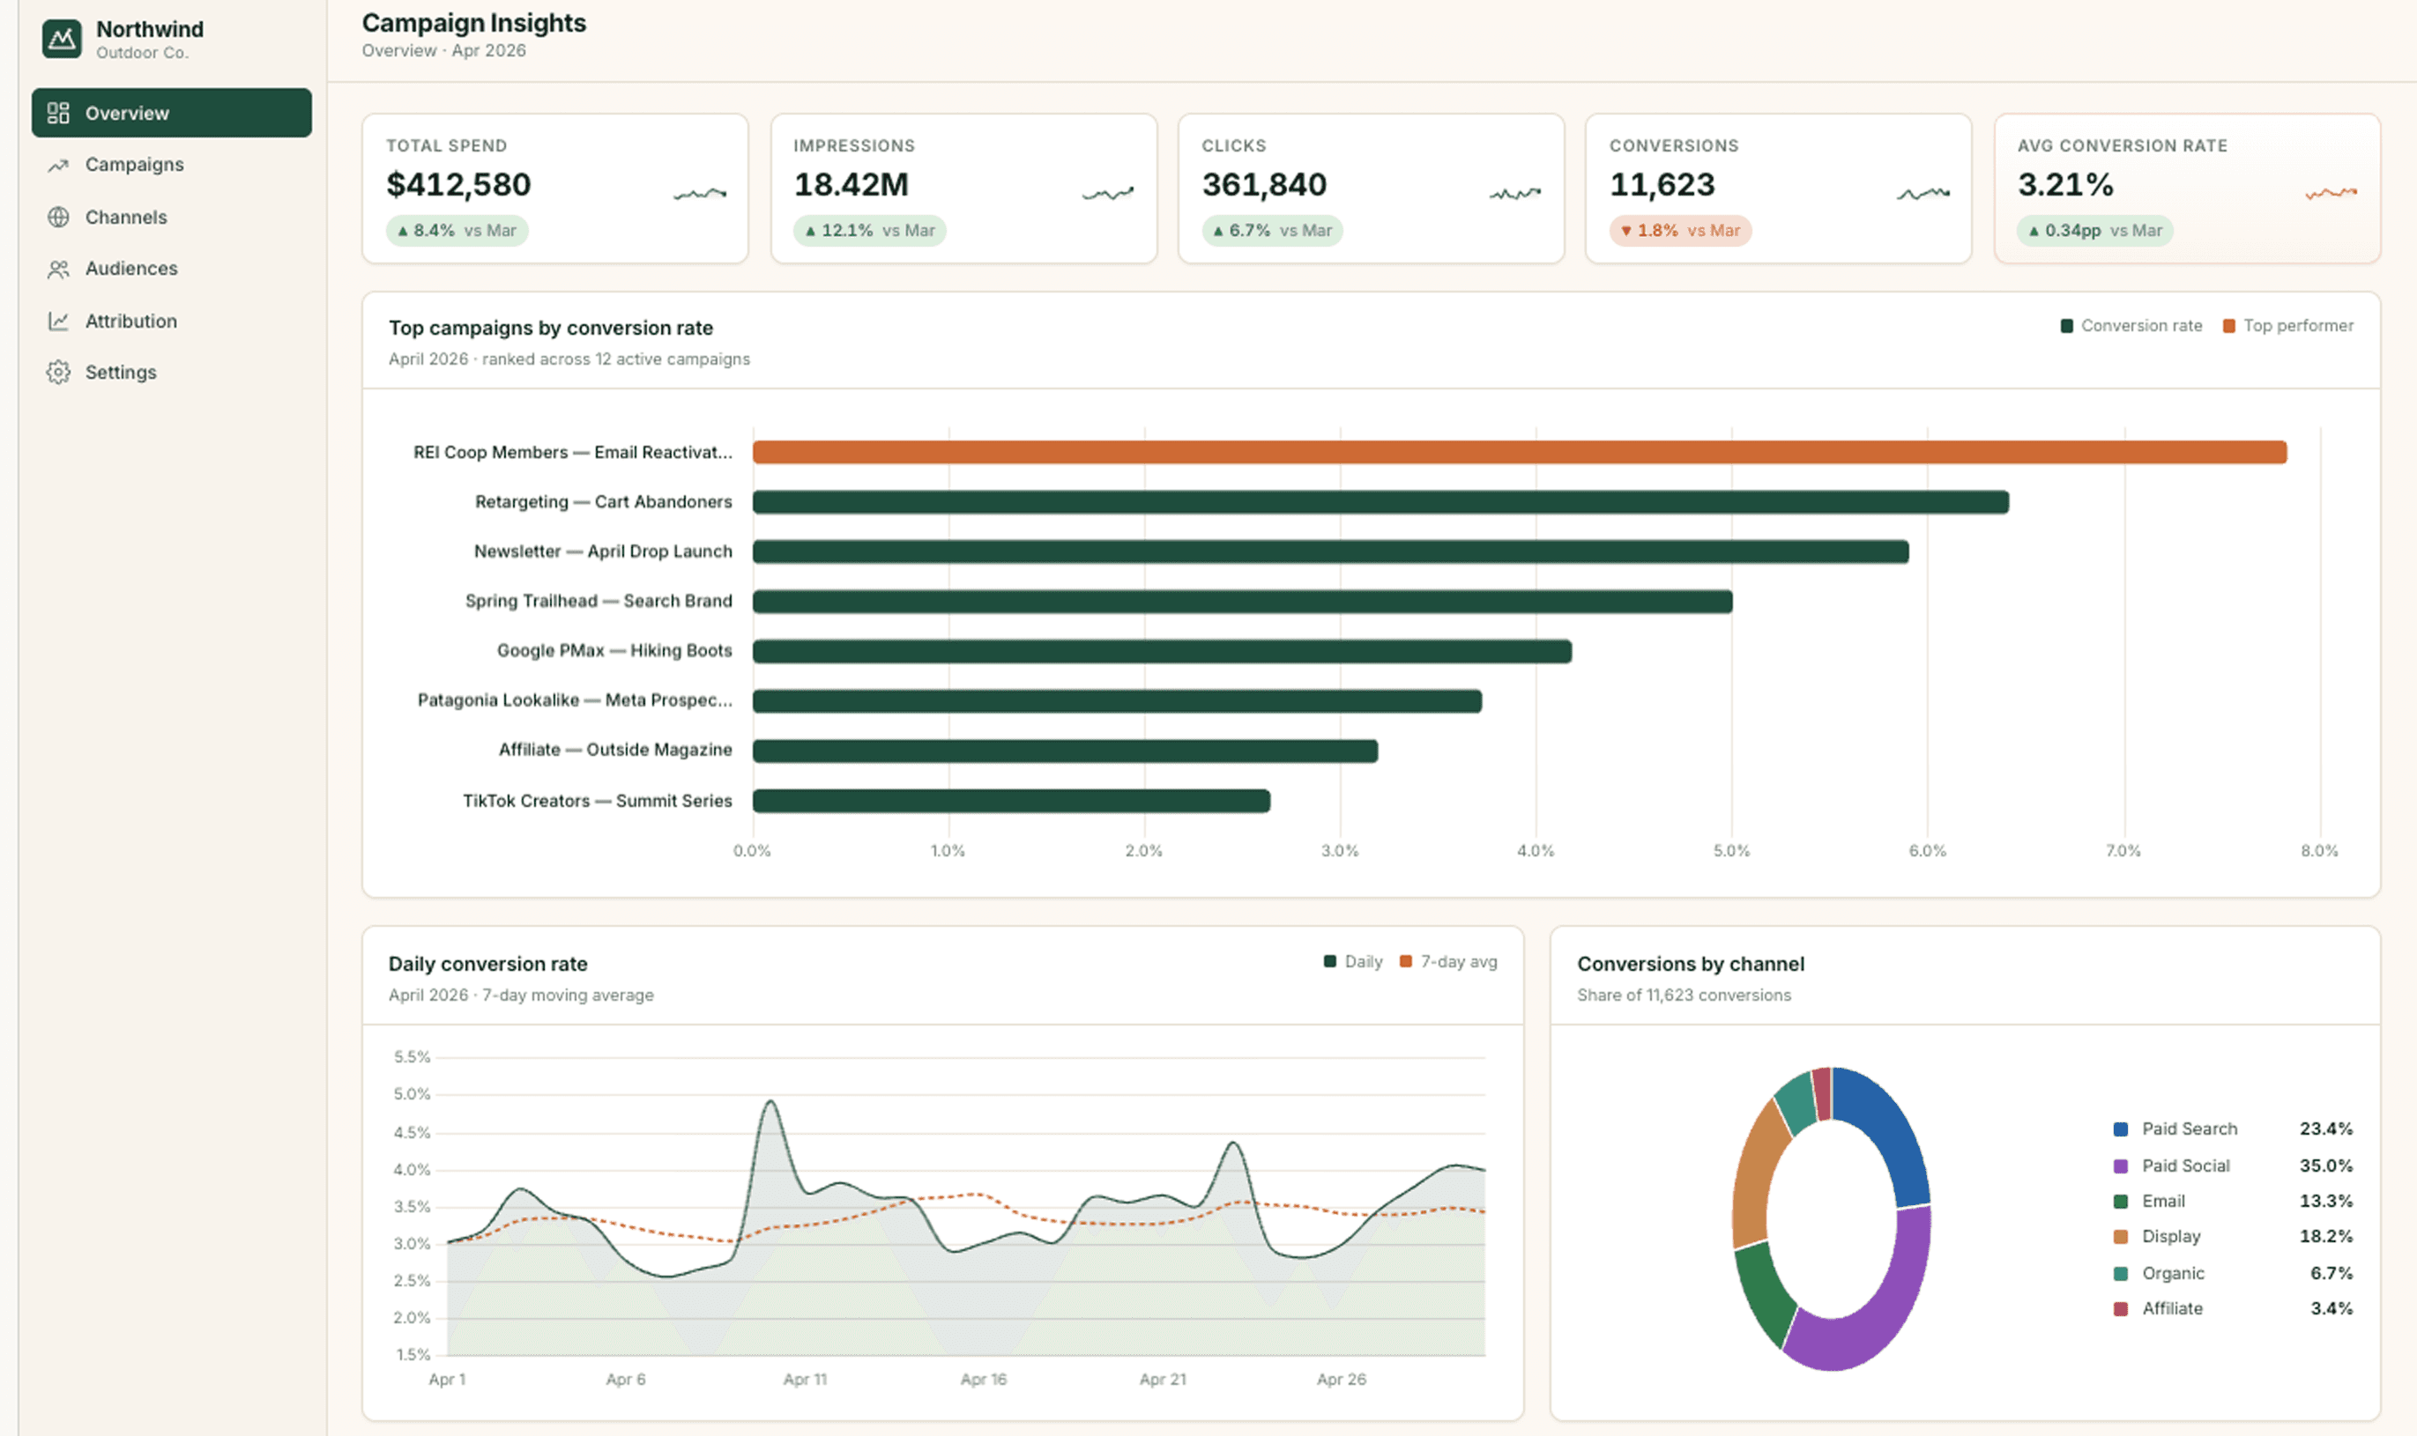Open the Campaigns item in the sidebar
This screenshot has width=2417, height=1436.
click(134, 165)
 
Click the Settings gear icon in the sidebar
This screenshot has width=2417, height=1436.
click(58, 373)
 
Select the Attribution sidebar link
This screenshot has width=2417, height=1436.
click(130, 322)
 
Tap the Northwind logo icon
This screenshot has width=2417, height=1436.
click(62, 39)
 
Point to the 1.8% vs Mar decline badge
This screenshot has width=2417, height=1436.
click(1680, 230)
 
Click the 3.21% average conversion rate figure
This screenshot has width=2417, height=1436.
click(2065, 184)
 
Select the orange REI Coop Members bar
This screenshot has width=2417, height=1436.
click(1520, 452)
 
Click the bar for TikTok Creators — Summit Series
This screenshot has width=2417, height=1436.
click(1012, 800)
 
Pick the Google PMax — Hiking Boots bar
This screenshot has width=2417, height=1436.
click(1163, 651)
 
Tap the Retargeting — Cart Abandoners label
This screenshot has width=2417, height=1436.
click(603, 501)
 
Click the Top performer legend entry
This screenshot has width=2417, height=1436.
click(2288, 326)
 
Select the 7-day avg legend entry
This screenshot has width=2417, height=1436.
click(1448, 962)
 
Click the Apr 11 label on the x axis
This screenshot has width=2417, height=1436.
click(806, 1379)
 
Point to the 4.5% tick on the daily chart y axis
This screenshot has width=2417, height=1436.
click(412, 1132)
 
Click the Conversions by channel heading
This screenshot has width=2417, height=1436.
click(1691, 964)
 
